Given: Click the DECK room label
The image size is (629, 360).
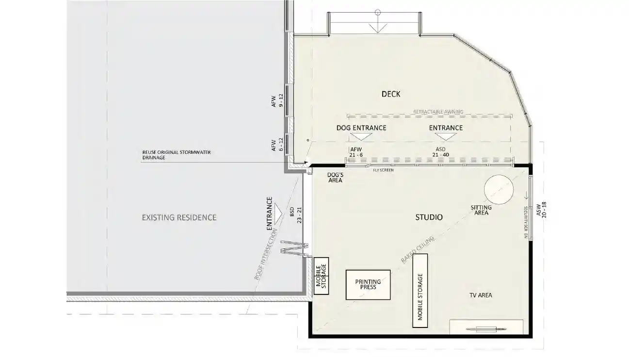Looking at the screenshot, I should coord(391,94).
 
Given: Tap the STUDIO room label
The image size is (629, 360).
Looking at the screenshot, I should coord(429,217).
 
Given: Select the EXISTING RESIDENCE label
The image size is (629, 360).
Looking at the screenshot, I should coord(179,217).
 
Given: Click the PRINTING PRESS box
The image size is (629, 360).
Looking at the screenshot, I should coord(368,284).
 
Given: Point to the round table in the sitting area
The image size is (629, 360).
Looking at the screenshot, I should coord(498,189).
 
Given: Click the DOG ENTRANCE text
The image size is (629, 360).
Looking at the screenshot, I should coord(361,128).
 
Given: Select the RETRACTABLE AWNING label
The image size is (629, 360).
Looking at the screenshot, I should coord(438,112).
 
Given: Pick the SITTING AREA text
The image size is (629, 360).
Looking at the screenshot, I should coord(481,210).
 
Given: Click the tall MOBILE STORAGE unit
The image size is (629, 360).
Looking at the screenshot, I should coord(420,297).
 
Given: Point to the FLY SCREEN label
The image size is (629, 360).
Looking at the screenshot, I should coord(383,170).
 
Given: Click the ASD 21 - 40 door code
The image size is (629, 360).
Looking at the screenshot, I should coord(441,151).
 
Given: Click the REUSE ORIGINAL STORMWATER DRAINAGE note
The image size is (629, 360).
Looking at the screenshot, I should coord(176,155).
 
